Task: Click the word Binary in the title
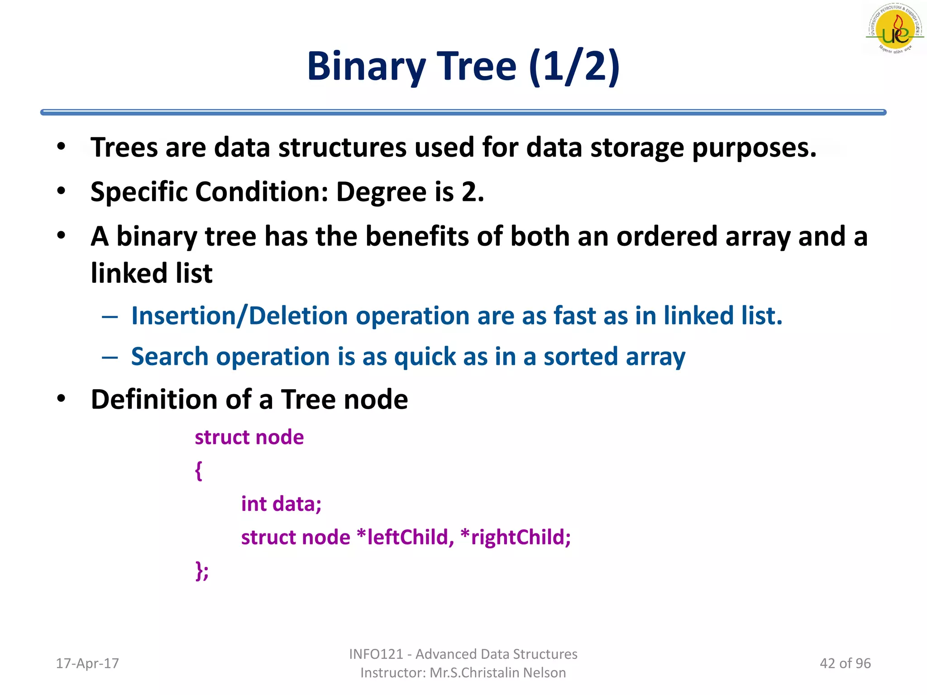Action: (366, 67)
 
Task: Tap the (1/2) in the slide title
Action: (574, 67)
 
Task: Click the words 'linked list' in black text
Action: (152, 273)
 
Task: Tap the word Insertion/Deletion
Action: (239, 316)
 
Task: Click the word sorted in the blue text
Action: (580, 357)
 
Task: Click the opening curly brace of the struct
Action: (198, 471)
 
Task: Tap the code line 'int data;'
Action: (281, 504)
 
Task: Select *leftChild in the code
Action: (405, 538)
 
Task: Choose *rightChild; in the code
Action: (515, 538)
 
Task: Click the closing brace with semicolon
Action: (202, 571)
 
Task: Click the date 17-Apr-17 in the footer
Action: (87, 663)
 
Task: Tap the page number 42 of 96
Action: (845, 663)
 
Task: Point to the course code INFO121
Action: (376, 654)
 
